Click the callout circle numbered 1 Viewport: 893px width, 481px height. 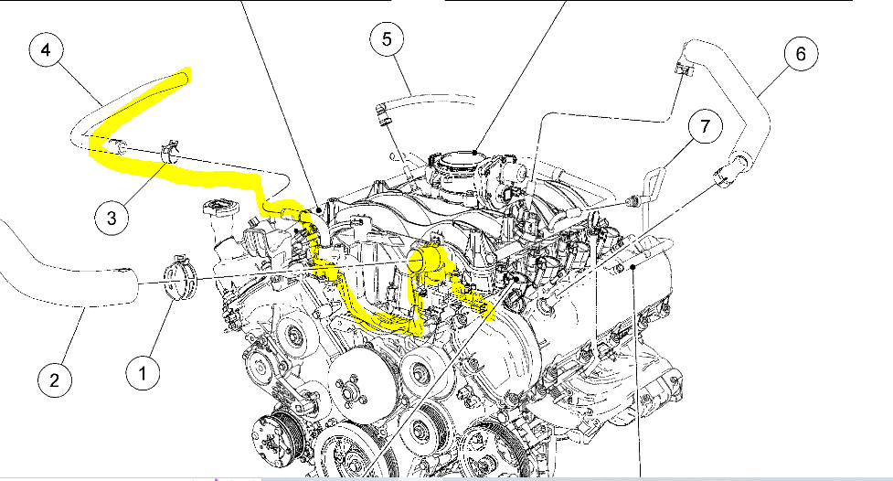[x=143, y=371]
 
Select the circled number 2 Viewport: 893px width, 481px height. [x=55, y=379]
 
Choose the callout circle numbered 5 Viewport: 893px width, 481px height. [x=387, y=38]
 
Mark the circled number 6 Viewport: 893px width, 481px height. [x=801, y=54]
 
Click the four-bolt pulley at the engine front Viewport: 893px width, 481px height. [x=349, y=394]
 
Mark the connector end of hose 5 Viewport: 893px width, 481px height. [x=383, y=115]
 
